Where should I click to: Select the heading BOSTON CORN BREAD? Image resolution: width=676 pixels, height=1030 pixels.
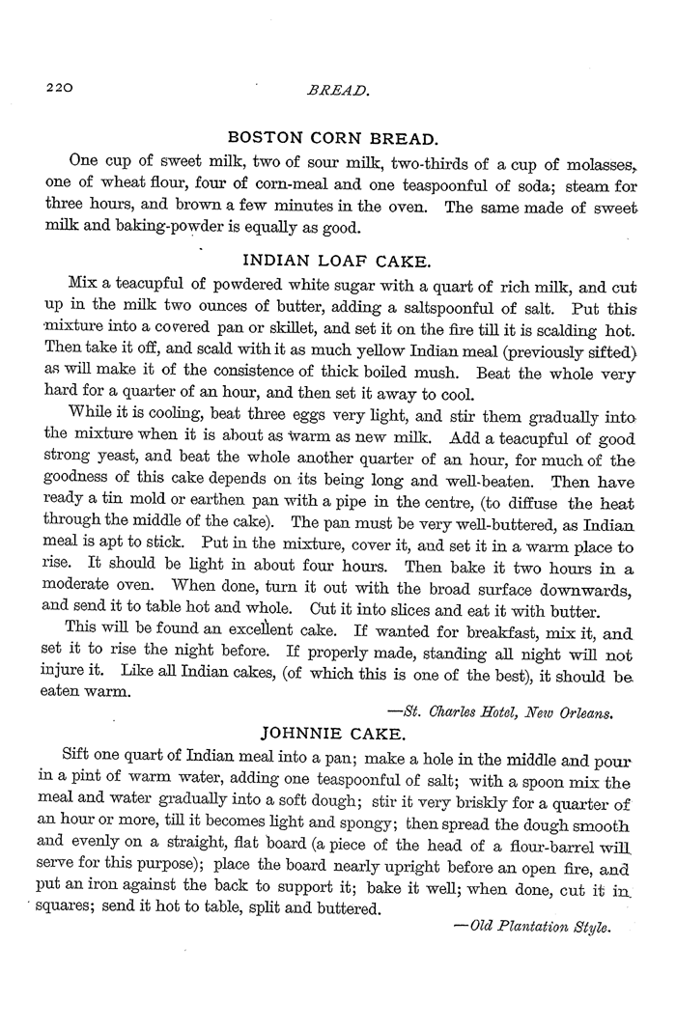pyautogui.click(x=330, y=137)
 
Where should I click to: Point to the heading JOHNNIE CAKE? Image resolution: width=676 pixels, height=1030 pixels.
pyautogui.click(x=329, y=731)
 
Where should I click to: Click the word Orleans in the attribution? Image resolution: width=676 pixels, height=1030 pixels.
pyautogui.click(x=584, y=712)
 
